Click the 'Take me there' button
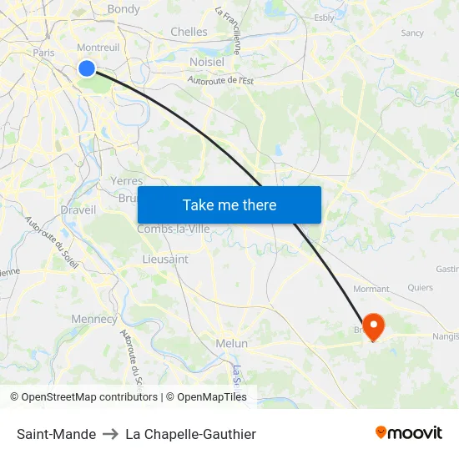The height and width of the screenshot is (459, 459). click(229, 204)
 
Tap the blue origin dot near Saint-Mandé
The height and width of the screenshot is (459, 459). click(87, 68)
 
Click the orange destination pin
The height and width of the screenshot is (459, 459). click(372, 325)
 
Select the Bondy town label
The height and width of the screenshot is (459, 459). click(124, 9)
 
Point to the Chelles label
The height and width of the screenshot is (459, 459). click(189, 32)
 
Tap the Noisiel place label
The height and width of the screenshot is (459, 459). click(207, 62)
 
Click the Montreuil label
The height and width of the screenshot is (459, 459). click(98, 48)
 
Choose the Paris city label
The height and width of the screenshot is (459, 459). click(43, 53)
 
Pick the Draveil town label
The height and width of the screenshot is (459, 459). click(78, 209)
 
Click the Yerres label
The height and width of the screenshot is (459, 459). click(127, 180)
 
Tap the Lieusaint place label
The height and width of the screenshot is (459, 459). click(165, 260)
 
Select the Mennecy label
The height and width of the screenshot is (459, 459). click(94, 319)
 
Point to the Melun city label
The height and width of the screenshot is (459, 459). click(232, 343)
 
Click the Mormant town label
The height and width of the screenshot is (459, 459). click(371, 289)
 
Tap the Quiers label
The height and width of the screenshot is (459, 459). click(421, 288)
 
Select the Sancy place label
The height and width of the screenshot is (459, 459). click(412, 33)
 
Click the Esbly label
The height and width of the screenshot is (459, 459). click(324, 17)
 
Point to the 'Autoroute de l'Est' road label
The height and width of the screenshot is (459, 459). click(220, 81)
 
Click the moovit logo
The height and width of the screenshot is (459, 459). click(409, 433)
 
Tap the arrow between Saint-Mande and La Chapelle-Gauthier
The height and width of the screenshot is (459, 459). click(111, 434)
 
